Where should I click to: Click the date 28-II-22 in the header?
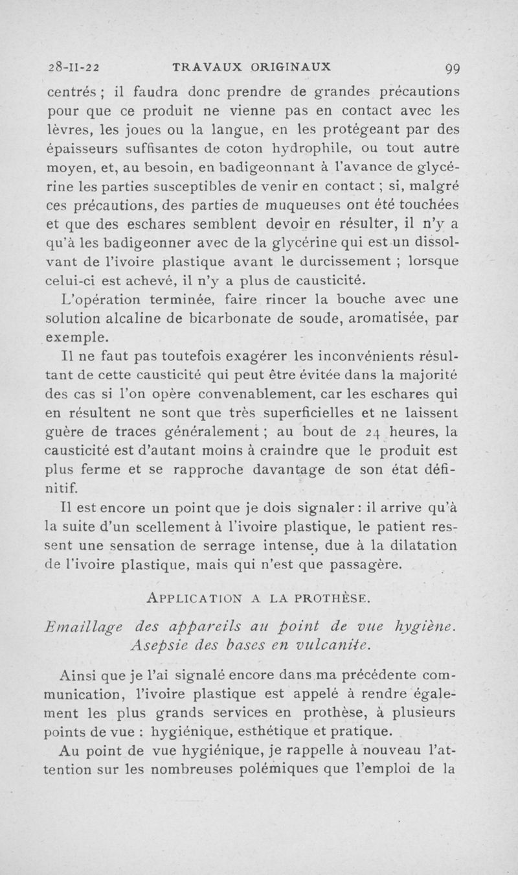pyautogui.click(x=73, y=66)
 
